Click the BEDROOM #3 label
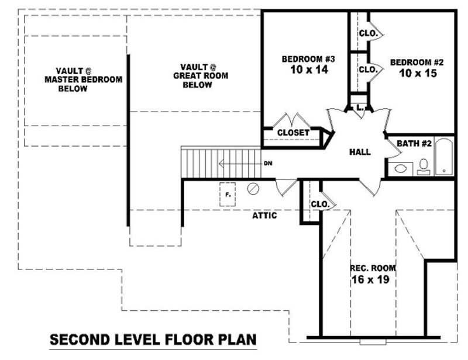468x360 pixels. coord(308,59)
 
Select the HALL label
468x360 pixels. coord(360,152)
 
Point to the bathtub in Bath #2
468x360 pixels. coord(444,155)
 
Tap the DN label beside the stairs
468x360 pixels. coord(267,163)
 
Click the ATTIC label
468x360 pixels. coord(264,216)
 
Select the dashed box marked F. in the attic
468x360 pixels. coord(228,194)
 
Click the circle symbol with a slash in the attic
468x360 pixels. coord(253,189)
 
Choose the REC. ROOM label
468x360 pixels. coord(373,268)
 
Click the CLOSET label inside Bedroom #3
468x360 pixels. coord(293,133)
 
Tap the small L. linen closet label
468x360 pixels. coord(360,108)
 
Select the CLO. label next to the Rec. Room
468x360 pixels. coord(319,205)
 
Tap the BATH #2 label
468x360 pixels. coord(414,143)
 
